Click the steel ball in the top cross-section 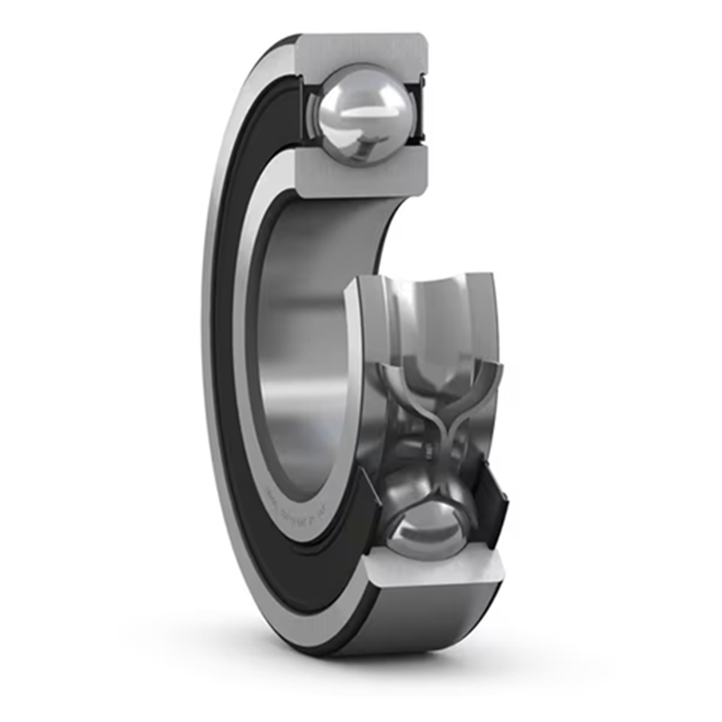[364, 113]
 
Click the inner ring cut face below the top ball [363, 173]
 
